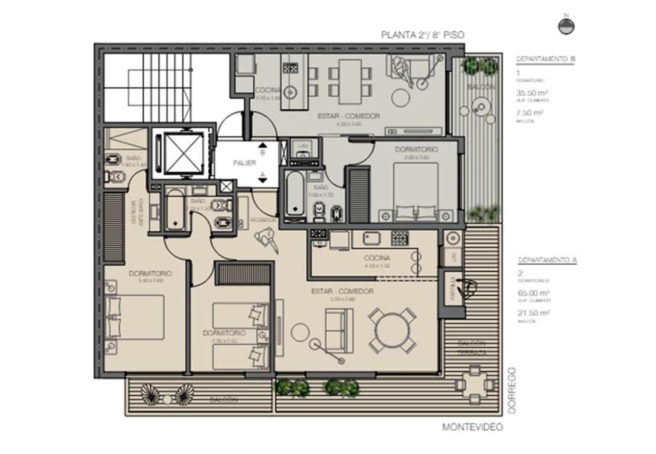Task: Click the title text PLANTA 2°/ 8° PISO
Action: [x=423, y=35]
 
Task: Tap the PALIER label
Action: [x=244, y=163]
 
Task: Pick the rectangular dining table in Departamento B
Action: [x=350, y=82]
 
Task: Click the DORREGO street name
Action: [x=511, y=390]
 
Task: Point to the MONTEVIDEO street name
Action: [x=472, y=427]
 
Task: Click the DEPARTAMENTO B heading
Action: [x=545, y=59]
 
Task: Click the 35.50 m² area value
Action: [x=532, y=93]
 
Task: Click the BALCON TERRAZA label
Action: [x=471, y=348]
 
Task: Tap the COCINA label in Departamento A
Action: [x=377, y=258]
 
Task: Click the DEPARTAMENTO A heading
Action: [x=547, y=260]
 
